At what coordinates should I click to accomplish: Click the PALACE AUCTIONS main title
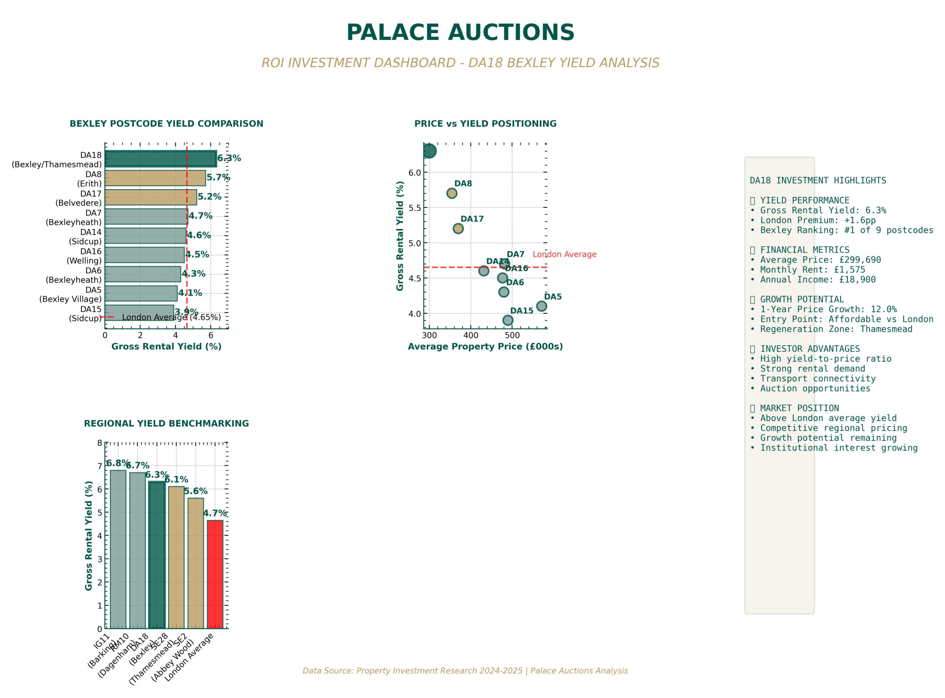460,33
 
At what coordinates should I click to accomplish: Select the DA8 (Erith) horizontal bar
155,178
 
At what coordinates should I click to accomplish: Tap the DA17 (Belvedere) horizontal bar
150,197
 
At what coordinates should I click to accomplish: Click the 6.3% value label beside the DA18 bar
229,158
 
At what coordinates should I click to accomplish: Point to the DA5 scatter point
541,306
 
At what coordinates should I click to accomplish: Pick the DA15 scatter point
508,320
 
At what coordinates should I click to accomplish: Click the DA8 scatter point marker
451,193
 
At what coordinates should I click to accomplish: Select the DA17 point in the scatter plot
458,229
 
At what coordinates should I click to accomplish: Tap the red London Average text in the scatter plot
564,254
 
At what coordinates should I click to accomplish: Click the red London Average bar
215,574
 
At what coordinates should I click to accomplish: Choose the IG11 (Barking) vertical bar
118,549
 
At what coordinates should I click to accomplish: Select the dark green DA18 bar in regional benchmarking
157,555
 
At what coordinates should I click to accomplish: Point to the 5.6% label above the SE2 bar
196,491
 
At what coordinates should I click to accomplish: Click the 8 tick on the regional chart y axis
100,443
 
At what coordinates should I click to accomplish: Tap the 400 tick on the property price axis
470,335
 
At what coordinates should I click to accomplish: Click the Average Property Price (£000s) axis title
485,346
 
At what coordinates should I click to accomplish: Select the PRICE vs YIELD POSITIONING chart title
485,124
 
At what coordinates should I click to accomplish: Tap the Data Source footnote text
465,671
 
